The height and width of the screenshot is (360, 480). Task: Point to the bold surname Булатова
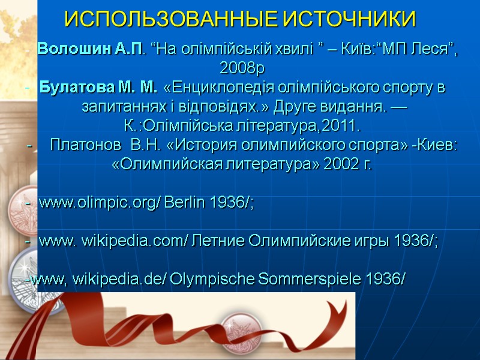tap(73, 89)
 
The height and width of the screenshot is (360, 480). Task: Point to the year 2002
tap(340, 165)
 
